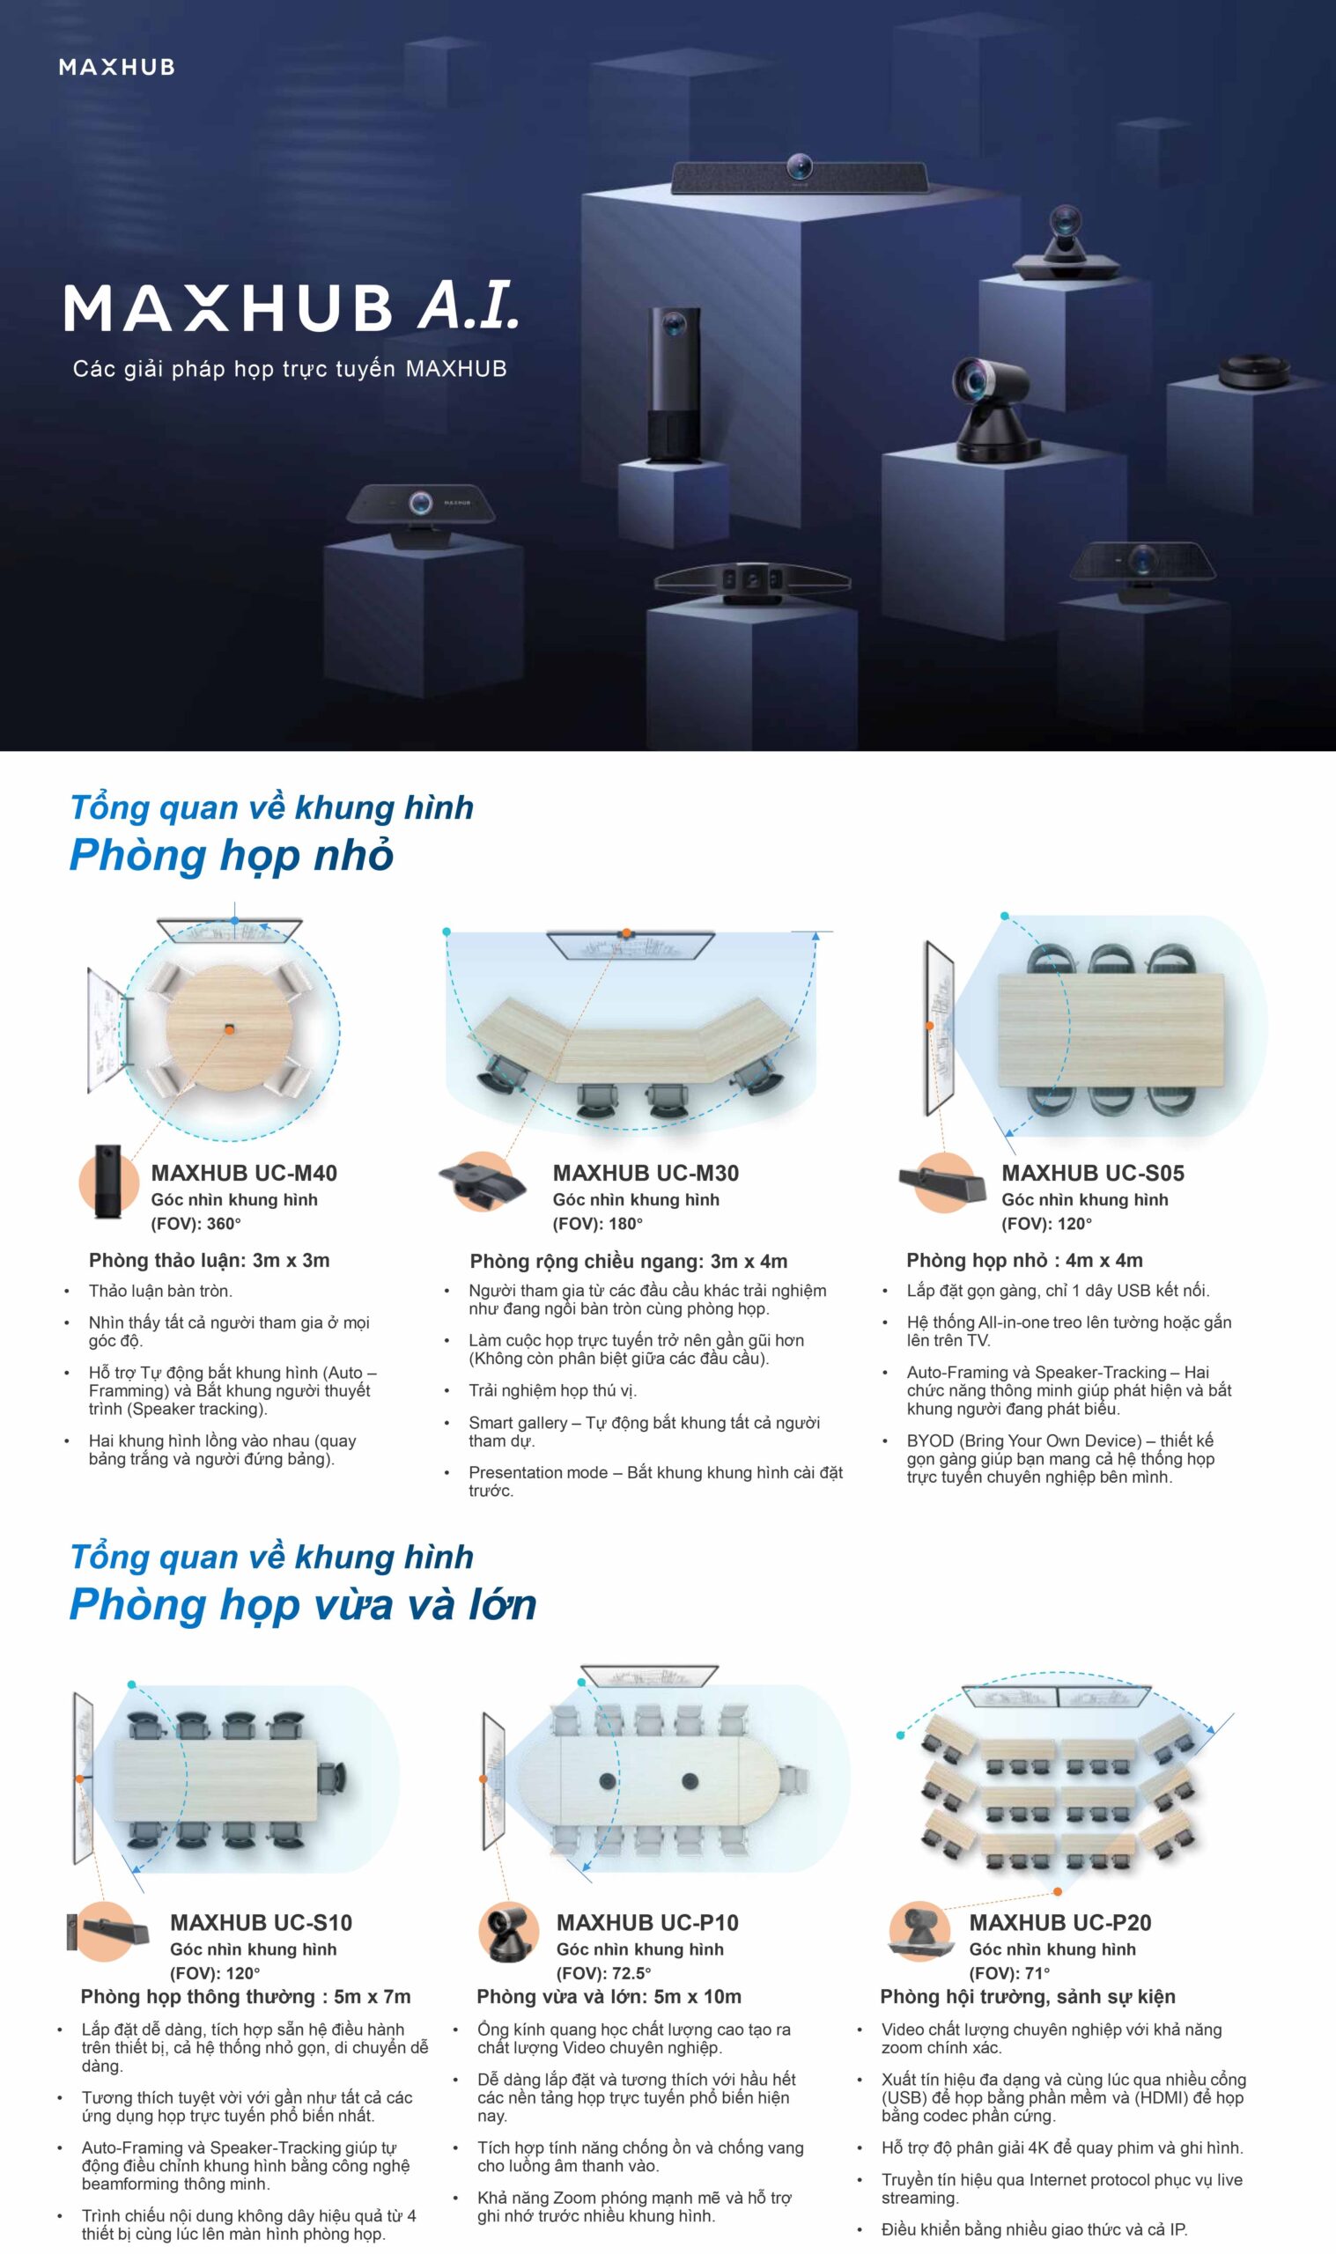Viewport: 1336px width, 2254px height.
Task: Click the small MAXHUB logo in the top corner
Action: (x=116, y=67)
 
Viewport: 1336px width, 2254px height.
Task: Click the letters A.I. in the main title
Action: (x=469, y=305)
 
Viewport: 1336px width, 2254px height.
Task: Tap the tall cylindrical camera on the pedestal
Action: (x=674, y=384)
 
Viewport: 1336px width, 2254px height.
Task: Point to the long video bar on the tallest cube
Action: (x=799, y=176)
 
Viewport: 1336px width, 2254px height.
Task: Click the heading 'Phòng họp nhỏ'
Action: (x=232, y=854)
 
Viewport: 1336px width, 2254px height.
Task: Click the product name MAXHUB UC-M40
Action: (x=244, y=1173)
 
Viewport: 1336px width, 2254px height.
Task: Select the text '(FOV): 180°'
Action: (x=598, y=1223)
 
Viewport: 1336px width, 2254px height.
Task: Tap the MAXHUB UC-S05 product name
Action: (x=1093, y=1173)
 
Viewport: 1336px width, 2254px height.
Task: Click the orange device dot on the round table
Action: (x=230, y=1028)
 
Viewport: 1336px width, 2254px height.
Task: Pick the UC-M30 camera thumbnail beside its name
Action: (x=483, y=1182)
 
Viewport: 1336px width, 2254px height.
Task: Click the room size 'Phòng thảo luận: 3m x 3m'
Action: (x=209, y=1260)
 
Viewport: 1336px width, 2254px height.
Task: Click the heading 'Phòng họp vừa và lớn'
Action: (x=303, y=1603)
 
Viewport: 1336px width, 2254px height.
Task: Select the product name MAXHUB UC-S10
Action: (x=261, y=1922)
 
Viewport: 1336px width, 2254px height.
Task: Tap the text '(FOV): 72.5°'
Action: (x=603, y=1972)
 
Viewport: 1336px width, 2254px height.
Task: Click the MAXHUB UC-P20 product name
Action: (x=1060, y=1922)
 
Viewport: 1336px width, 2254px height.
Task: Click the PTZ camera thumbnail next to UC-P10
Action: (x=510, y=1932)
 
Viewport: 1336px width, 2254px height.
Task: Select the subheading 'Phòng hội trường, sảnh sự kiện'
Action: (x=1027, y=1997)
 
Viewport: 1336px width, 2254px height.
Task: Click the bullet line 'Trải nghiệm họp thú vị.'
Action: (x=552, y=1390)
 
